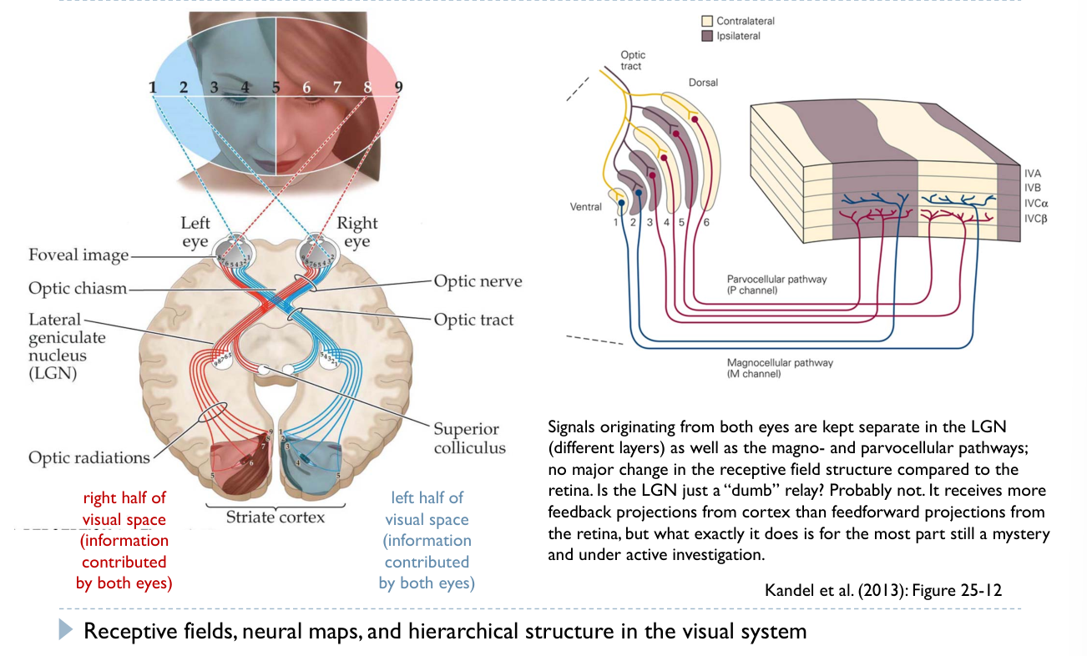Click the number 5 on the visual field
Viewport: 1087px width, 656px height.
pos(276,86)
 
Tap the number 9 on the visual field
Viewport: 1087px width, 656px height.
pos(398,86)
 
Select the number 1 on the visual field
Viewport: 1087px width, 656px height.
pos(152,87)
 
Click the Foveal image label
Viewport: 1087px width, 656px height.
pos(78,255)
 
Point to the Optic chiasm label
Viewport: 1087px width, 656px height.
pos(78,288)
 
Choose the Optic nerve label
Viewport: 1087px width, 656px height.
pos(478,281)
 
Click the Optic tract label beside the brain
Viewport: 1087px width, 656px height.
pos(473,320)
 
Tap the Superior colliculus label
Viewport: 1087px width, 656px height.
pos(469,438)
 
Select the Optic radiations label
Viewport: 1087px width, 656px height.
pos(89,457)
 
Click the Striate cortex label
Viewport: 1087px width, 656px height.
pos(275,517)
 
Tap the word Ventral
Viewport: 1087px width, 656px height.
pos(585,206)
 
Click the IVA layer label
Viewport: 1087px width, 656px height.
pos(1033,173)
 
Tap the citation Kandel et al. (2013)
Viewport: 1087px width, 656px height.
pos(882,591)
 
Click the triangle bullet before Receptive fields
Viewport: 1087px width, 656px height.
pos(67,631)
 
